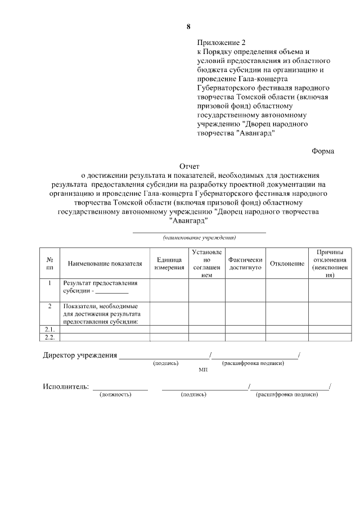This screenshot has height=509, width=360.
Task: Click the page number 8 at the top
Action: point(188,27)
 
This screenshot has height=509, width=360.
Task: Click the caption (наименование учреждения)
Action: point(199,237)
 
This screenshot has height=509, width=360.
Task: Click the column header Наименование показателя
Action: point(105,264)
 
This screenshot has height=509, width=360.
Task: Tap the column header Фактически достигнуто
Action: point(245,264)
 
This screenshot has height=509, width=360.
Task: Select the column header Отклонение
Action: point(287,264)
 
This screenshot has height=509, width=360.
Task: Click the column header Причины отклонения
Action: point(330,264)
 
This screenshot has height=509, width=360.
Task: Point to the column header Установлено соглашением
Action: point(206,264)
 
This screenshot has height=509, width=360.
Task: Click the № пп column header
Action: point(49,264)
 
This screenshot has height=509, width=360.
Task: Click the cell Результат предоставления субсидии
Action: point(100,287)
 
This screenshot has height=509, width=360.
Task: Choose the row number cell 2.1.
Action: point(49,329)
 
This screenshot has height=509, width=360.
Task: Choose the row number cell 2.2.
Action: point(49,337)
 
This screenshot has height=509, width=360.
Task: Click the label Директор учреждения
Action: point(80,355)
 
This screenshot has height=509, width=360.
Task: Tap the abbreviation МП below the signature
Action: point(202,371)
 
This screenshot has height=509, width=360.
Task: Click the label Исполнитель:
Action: point(66,386)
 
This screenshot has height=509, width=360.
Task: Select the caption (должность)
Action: point(115,395)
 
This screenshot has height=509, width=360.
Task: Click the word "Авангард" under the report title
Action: point(188,220)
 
